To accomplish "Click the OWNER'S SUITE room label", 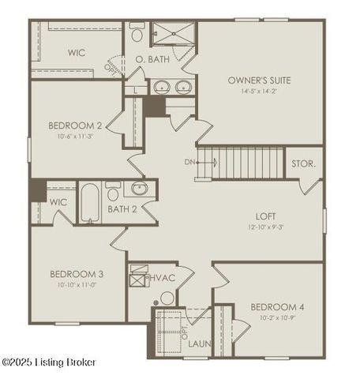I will point(259,80).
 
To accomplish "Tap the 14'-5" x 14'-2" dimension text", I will point(259,91).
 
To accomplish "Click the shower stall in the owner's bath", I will point(173,34).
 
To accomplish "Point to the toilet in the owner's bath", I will point(137,34).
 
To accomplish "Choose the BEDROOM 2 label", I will point(75,125).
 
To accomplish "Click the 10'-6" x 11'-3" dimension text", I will point(75,136).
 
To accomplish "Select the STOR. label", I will point(303,164).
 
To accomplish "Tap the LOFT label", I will point(265,216).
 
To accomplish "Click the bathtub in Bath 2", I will point(89,203).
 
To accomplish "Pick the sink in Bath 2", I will point(139,188).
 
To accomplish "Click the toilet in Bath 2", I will point(113,192).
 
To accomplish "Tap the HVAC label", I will point(162,277).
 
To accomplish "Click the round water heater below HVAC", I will point(167,298).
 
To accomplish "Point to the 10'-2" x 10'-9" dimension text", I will point(273,317).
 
